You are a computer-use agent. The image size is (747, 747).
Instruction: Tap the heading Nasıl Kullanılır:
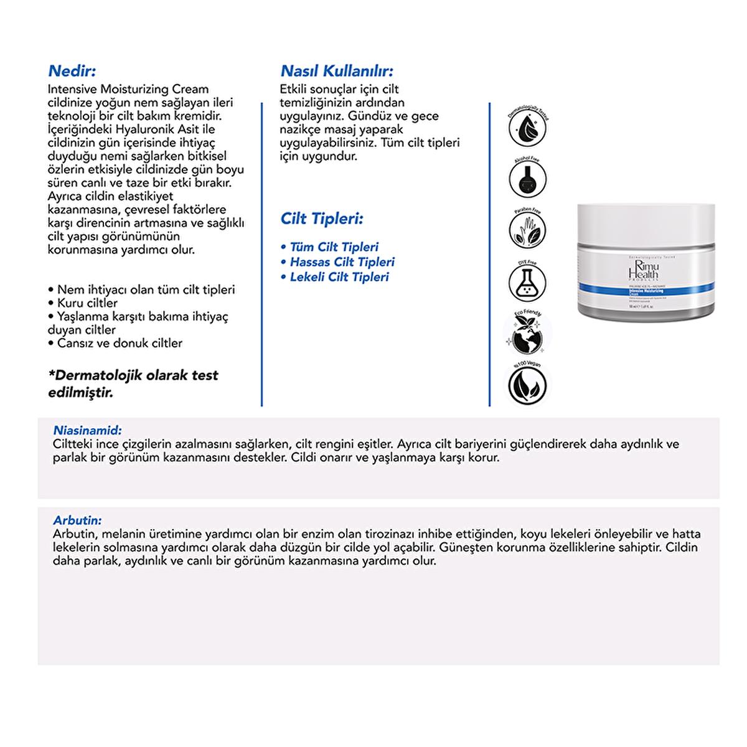click(x=337, y=71)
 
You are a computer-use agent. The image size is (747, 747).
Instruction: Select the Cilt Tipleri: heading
click(x=322, y=219)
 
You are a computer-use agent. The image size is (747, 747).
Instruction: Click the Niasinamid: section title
click(x=88, y=430)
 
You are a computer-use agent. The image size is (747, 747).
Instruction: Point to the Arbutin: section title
click(x=78, y=520)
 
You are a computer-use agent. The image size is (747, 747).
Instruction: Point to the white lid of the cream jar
click(x=646, y=225)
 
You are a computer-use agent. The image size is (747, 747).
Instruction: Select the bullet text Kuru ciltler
click(x=87, y=303)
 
